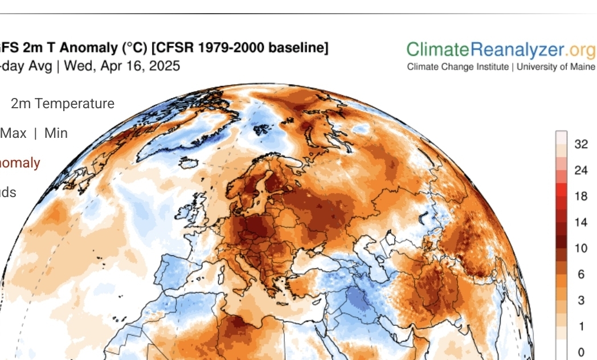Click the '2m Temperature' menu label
pyautogui.click(x=63, y=104)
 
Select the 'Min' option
pyautogui.click(x=56, y=133)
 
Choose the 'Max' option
pyautogui.click(x=14, y=133)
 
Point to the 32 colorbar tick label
pyautogui.click(x=581, y=144)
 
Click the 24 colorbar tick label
pyautogui.click(x=581, y=170)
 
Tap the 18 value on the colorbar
pyautogui.click(x=581, y=197)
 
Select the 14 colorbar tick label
pyautogui.click(x=581, y=222)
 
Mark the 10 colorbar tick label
pyautogui.click(x=581, y=248)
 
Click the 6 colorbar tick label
pyautogui.click(x=581, y=274)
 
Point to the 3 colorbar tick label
pyautogui.click(x=581, y=300)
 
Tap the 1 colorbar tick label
pyautogui.click(x=581, y=326)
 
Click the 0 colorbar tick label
pyautogui.click(x=581, y=352)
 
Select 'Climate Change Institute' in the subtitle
pyautogui.click(x=457, y=67)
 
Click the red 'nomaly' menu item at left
pyautogui.click(x=20, y=163)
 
